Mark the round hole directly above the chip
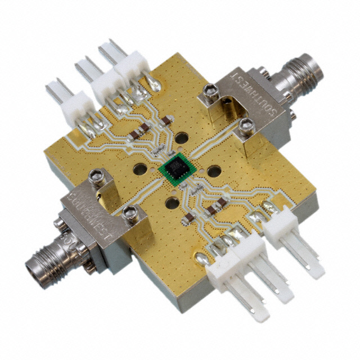pyautogui.click(x=181, y=138)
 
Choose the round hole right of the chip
pyautogui.click(x=214, y=170)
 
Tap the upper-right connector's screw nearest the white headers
pyautogui.click(x=209, y=89)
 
